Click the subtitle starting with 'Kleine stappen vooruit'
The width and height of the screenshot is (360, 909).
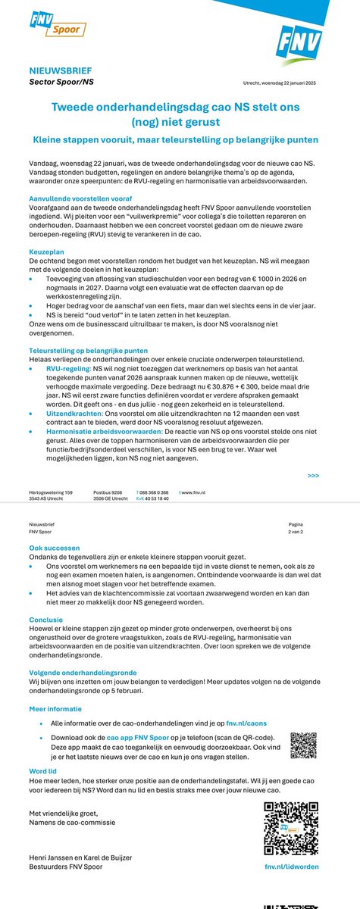coord(180,139)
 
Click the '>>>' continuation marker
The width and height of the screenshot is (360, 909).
coord(313,476)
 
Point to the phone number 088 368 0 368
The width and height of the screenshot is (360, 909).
coord(154,492)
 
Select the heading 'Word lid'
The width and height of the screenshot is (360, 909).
coord(43,772)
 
